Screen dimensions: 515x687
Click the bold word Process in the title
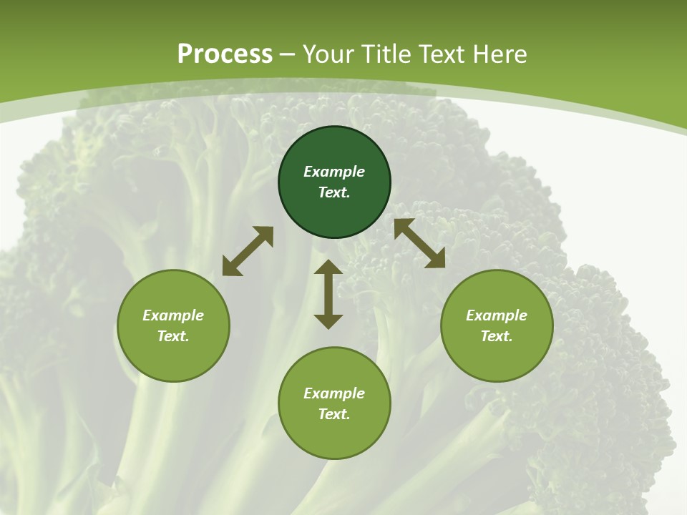coord(225,54)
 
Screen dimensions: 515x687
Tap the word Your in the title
coord(329,54)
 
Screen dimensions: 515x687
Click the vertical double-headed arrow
coord(328,294)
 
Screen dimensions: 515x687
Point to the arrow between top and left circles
coord(248,251)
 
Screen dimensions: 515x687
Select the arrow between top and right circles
coord(419,243)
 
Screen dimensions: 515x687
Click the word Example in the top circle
coord(334,172)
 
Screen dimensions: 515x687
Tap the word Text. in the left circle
coord(173,336)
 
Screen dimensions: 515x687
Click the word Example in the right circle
coord(497,315)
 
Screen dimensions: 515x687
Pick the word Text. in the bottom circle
coord(334,414)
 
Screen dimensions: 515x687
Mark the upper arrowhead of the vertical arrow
coord(328,268)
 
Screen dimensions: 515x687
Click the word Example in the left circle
coord(173,315)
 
